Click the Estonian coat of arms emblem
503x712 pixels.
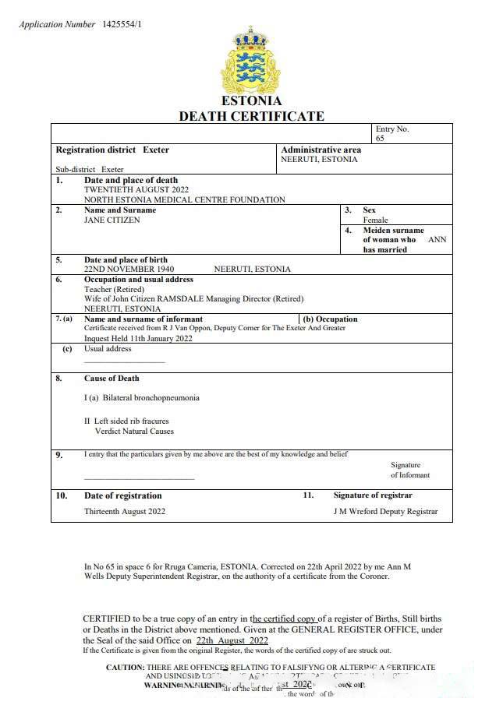tap(251, 61)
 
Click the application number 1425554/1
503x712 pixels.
tap(122, 24)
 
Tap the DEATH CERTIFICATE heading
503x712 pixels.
tap(251, 116)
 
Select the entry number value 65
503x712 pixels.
tap(381, 139)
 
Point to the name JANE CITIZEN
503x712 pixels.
tap(112, 220)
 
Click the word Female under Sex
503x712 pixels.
tap(375, 220)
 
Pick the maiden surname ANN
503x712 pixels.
tap(437, 240)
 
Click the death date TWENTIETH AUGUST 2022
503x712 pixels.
tap(136, 189)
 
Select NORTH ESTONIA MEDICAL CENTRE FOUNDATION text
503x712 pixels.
tap(184, 199)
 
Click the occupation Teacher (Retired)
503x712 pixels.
tap(114, 289)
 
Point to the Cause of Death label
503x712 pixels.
tap(112, 379)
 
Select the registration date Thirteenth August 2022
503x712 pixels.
tap(125, 512)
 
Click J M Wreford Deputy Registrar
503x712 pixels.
tap(385, 512)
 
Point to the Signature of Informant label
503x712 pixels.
tap(409, 470)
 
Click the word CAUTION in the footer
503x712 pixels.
tap(125, 668)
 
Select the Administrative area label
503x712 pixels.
tap(321, 150)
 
